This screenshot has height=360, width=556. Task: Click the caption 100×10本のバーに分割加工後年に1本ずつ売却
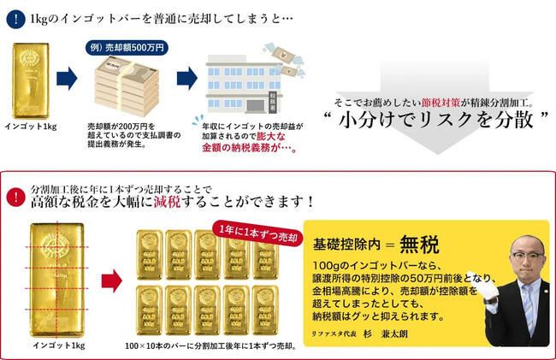(x=210, y=346)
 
